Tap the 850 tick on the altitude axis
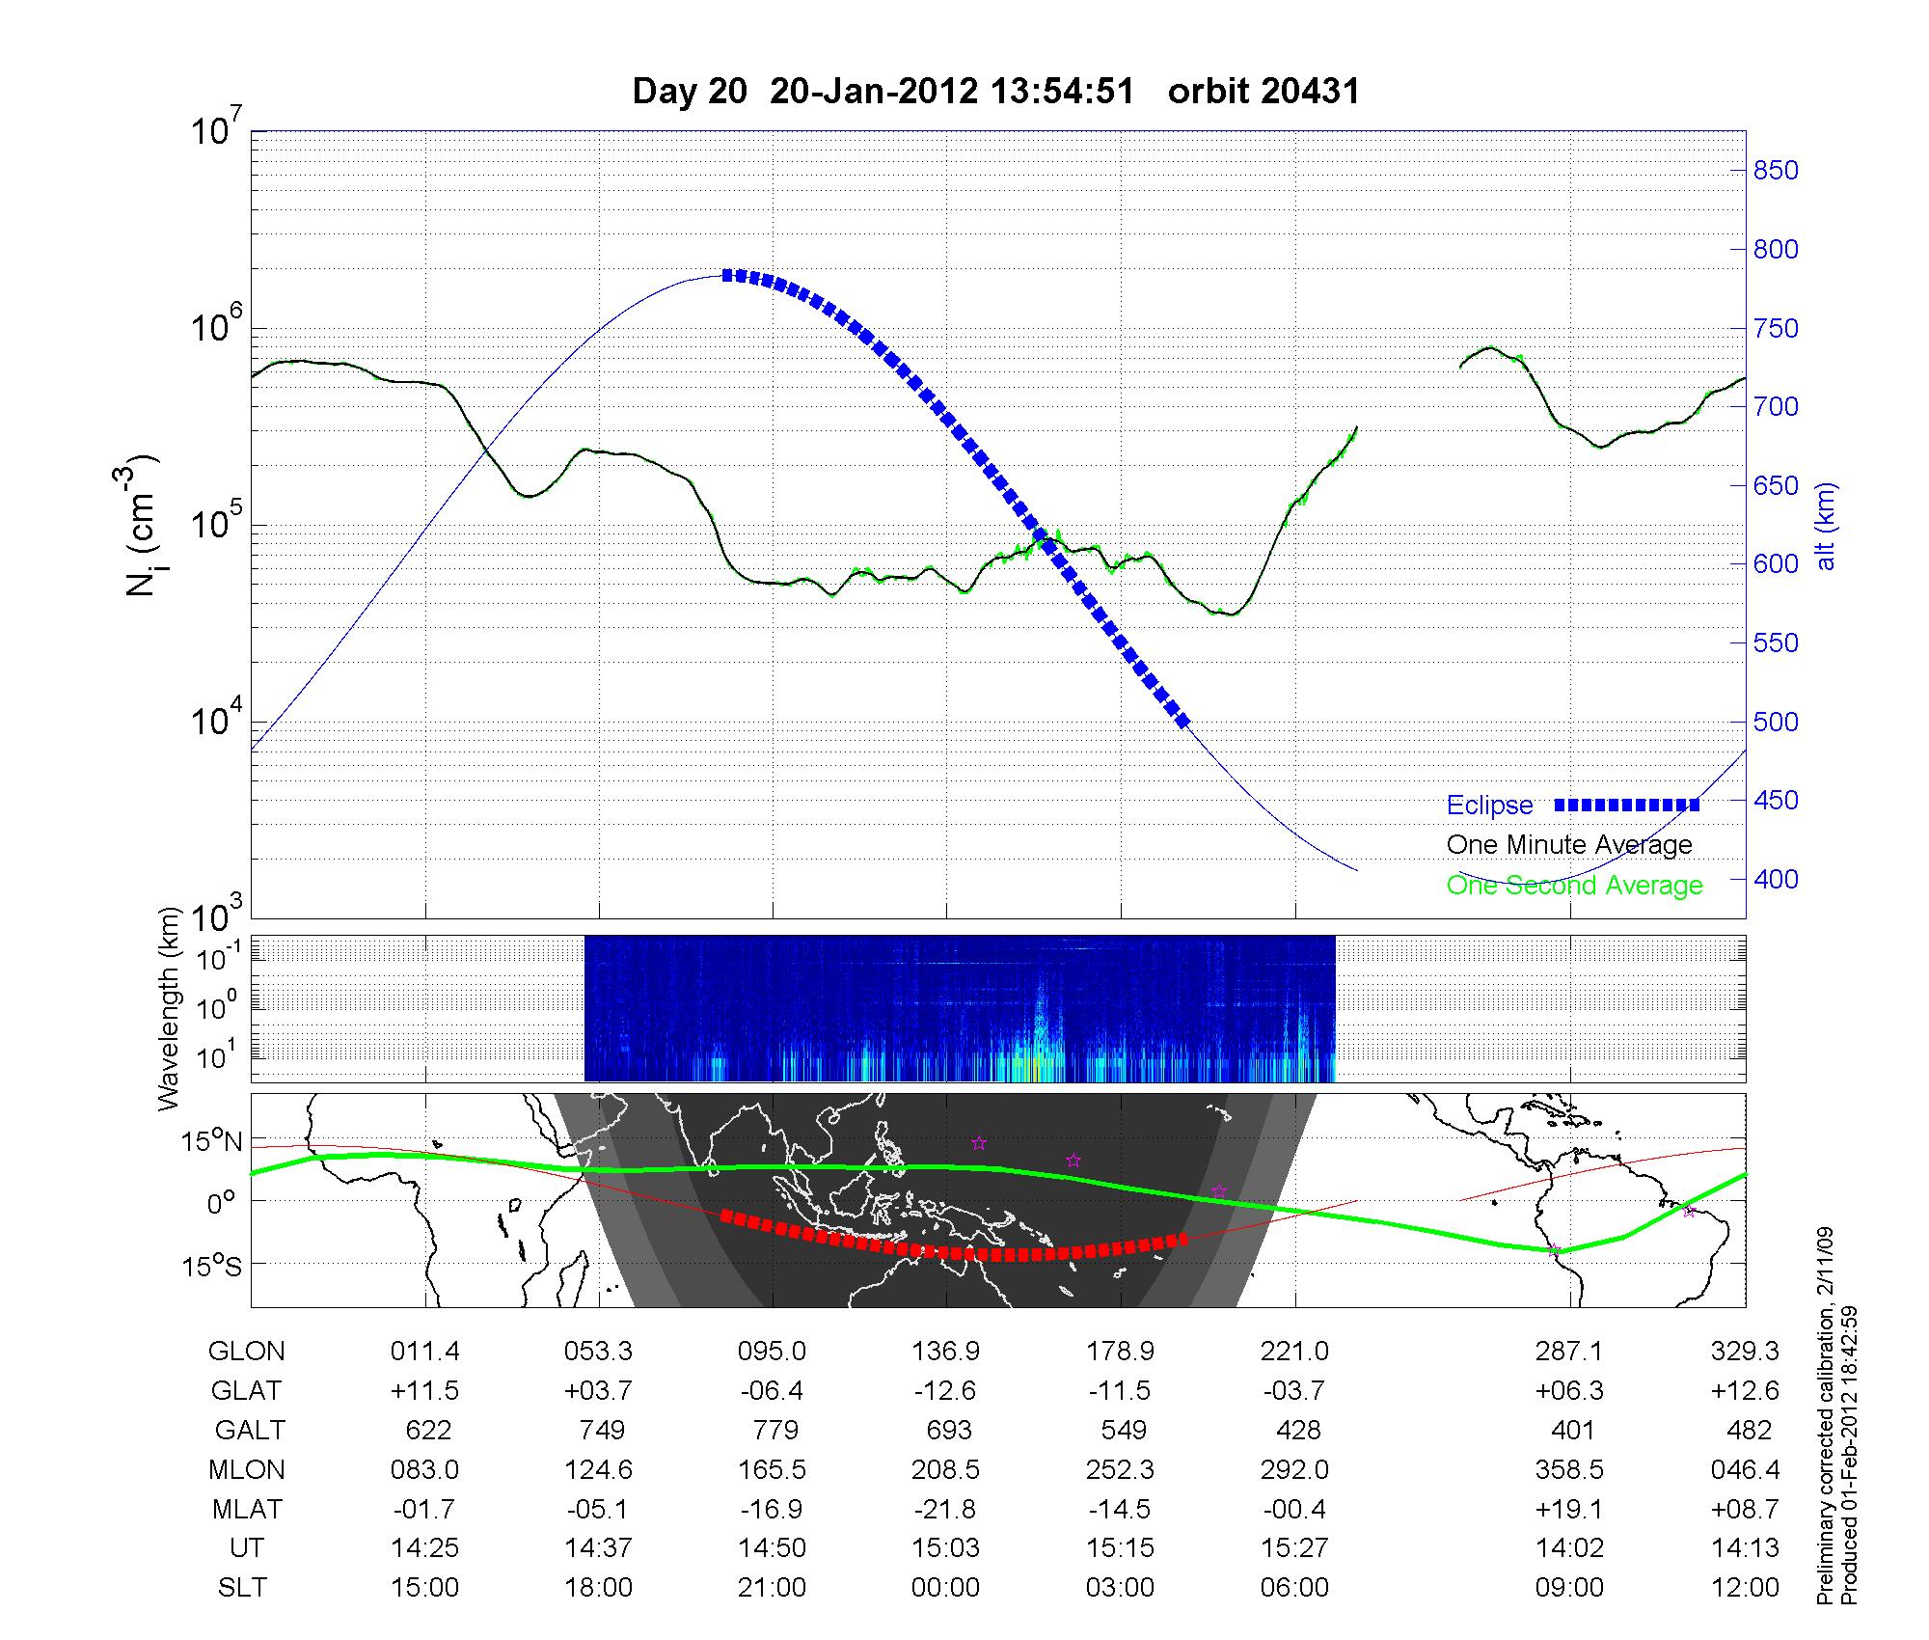[x=1776, y=171]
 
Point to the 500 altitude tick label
[x=1776, y=722]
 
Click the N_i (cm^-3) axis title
[x=142, y=526]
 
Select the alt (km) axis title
[x=1826, y=526]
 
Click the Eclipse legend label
[x=1489, y=806]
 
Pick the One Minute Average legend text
[x=1569, y=845]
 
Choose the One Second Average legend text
[x=1574, y=886]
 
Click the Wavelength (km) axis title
[x=170, y=1008]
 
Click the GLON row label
[x=246, y=1352]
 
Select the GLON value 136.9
[x=945, y=1352]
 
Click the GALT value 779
[x=774, y=1430]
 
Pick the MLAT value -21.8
[x=945, y=1509]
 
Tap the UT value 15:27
[x=1294, y=1548]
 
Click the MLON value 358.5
[x=1570, y=1469]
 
